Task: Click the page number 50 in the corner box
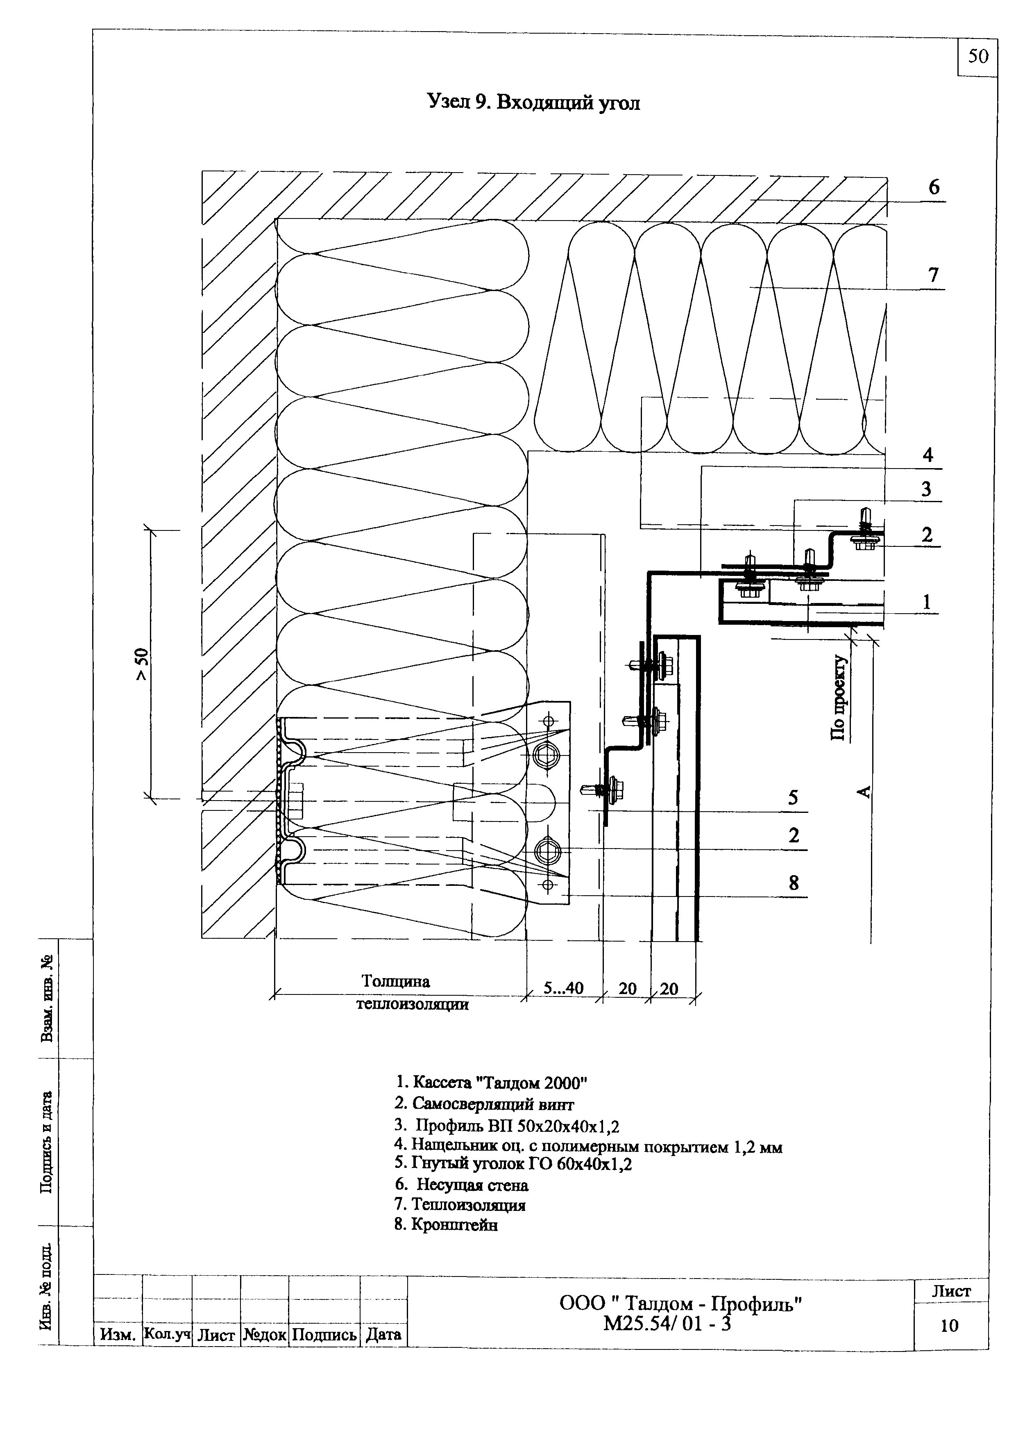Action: (x=978, y=57)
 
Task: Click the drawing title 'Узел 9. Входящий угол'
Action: (x=533, y=102)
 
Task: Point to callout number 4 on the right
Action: (x=928, y=455)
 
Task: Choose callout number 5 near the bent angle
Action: (x=793, y=798)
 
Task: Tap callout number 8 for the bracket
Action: (x=794, y=883)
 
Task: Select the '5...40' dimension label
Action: (x=563, y=987)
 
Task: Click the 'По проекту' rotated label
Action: (x=838, y=699)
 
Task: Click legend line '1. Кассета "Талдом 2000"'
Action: (x=492, y=1082)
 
